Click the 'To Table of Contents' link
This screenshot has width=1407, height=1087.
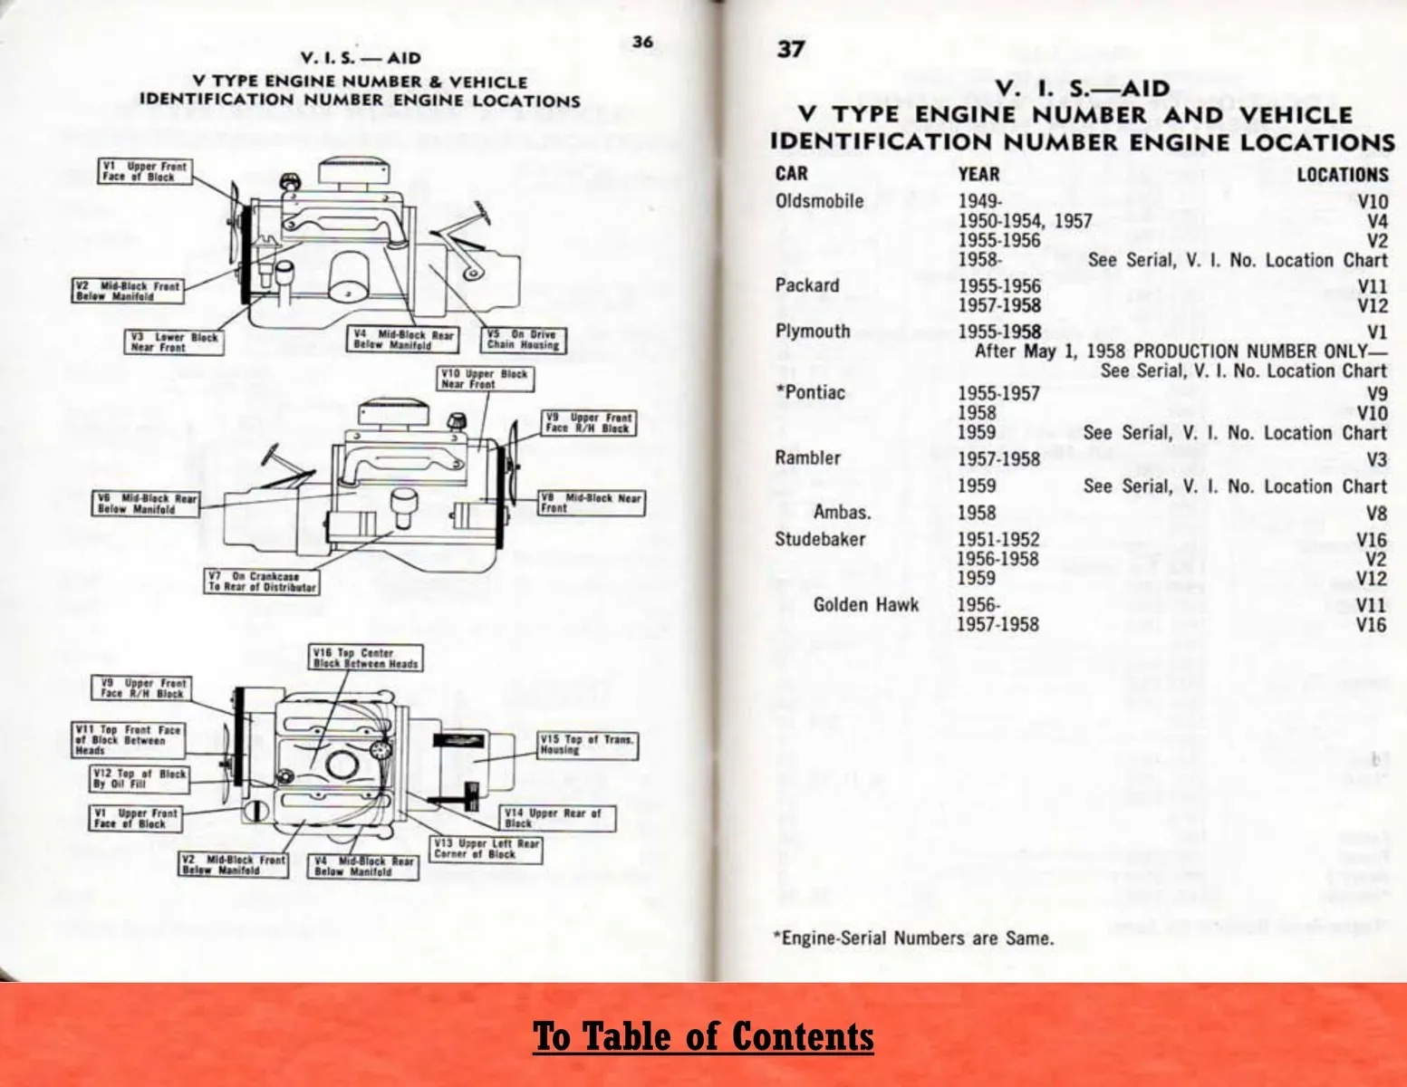click(x=703, y=1036)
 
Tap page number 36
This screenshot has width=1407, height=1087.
click(x=642, y=42)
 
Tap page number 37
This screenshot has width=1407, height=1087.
click(x=791, y=49)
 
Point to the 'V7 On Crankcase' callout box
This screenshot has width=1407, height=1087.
click(x=262, y=582)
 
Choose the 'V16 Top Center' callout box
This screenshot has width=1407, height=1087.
click(x=365, y=658)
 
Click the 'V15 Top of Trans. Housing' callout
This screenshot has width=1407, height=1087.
click(x=587, y=745)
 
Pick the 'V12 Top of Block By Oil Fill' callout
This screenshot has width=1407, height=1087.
click(x=140, y=778)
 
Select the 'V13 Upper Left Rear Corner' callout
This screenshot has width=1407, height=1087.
click(x=486, y=849)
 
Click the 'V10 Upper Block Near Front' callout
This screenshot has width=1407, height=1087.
click(x=484, y=379)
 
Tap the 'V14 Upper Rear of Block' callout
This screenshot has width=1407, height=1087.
click(x=558, y=818)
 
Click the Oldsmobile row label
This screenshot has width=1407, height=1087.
click(x=819, y=201)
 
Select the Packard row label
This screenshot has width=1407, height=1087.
click(x=807, y=286)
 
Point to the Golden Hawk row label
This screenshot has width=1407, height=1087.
click(x=865, y=605)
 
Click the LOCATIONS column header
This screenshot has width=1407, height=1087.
click(x=1342, y=175)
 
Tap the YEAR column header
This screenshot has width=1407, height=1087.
click(x=978, y=174)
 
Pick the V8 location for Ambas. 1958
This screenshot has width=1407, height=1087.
click(x=1376, y=514)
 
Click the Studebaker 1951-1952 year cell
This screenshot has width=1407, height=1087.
click(x=998, y=540)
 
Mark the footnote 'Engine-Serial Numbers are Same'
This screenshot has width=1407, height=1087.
click(x=913, y=938)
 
